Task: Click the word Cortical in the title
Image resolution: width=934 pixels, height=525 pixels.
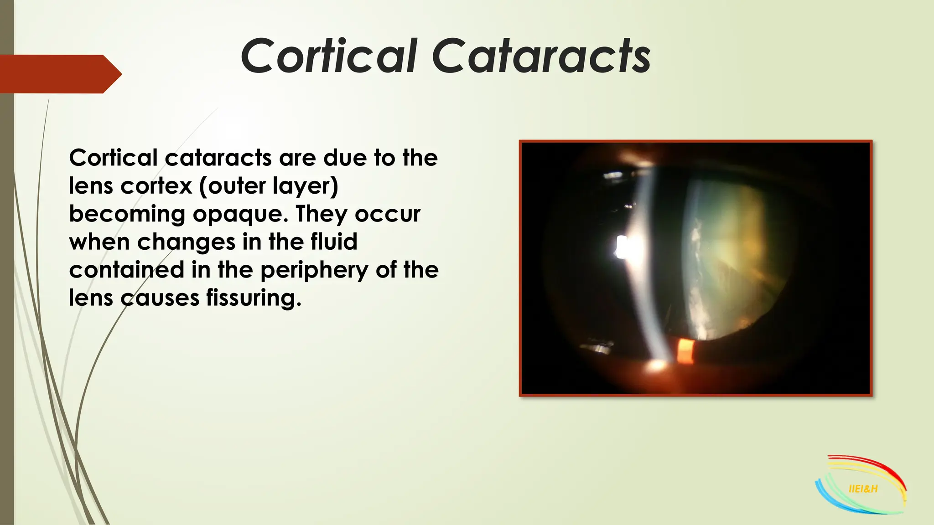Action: [328, 57]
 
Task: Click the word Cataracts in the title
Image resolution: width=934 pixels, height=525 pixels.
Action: [541, 57]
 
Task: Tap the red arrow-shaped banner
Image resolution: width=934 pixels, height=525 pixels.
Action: [59, 74]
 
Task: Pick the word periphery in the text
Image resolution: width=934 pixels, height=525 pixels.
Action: [314, 271]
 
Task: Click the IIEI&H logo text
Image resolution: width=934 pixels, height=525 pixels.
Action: [863, 489]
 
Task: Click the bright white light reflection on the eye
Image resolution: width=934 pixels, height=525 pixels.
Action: [621, 247]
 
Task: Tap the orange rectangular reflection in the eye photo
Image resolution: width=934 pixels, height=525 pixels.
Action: [685, 352]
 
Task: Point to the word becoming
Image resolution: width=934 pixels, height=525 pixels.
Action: [127, 214]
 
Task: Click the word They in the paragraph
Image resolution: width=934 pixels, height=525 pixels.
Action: [321, 214]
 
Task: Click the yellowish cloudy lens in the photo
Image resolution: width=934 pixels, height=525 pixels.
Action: [739, 246]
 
